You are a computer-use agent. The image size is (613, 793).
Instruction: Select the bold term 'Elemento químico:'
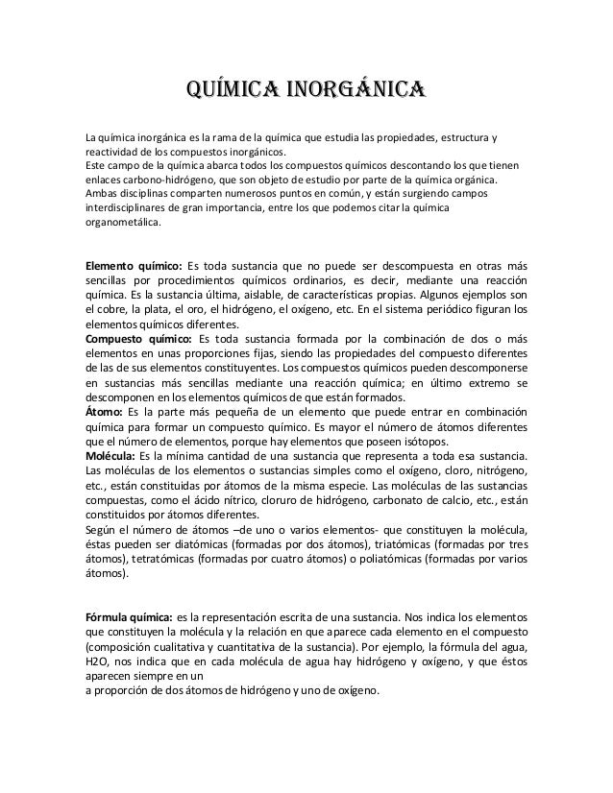point(134,266)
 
